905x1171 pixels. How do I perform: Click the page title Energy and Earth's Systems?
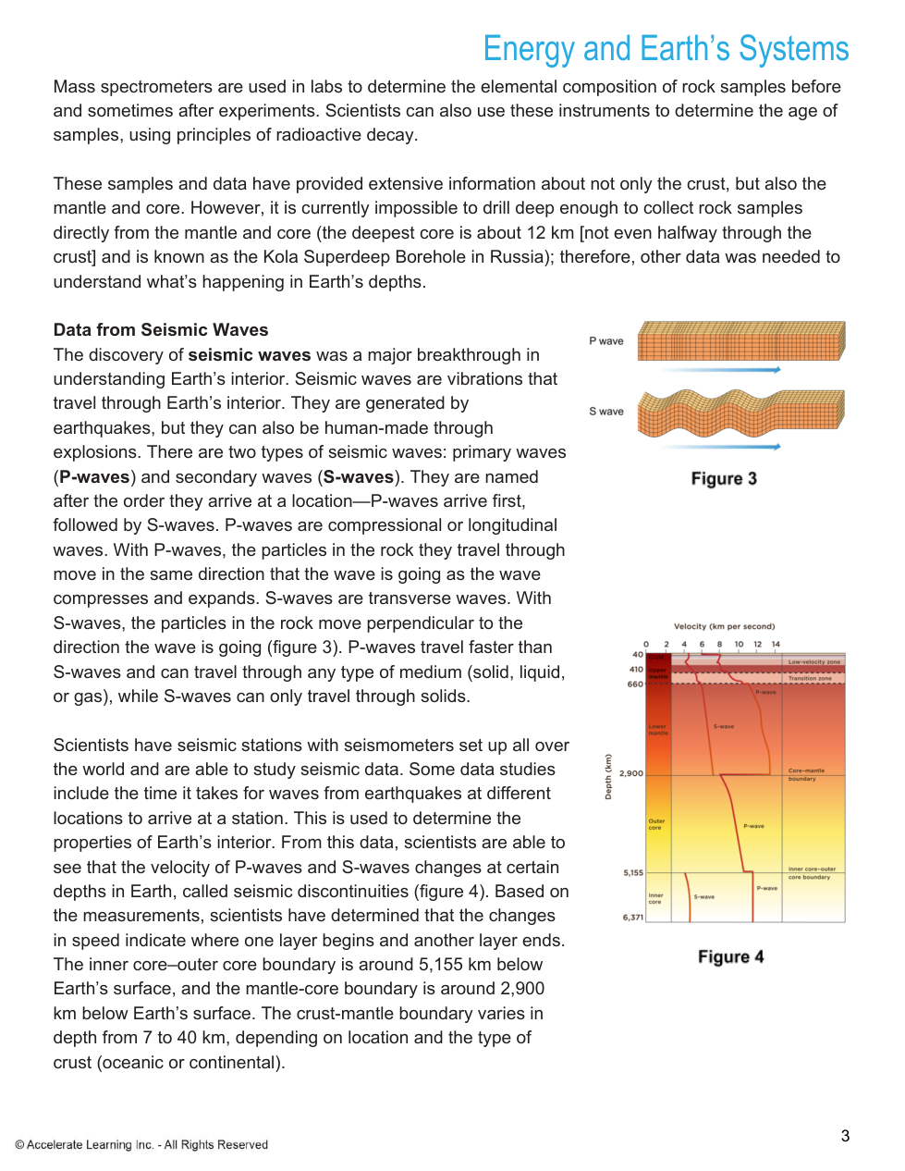[x=666, y=49]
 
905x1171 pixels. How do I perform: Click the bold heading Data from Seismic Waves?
[x=161, y=330]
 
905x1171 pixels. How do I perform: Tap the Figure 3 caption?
[x=724, y=478]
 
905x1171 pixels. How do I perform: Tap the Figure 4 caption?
[x=730, y=956]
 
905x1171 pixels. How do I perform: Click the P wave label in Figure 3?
[x=606, y=341]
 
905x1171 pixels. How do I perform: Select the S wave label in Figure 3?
[x=606, y=412]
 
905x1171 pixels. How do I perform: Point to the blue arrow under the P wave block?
[x=722, y=370]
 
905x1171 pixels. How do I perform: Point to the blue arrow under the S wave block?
[x=722, y=447]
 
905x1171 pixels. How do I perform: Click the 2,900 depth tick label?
[x=631, y=773]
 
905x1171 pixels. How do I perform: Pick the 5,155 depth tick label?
[x=633, y=872]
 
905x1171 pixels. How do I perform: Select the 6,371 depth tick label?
[x=633, y=918]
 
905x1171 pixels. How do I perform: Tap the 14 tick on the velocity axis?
[x=776, y=644]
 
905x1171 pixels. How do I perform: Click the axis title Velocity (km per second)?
[x=724, y=626]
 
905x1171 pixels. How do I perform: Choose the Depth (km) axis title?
[x=608, y=777]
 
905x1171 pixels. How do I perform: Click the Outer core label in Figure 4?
[x=656, y=824]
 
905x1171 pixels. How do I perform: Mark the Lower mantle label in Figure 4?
[x=657, y=730]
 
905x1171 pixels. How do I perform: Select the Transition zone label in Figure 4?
[x=810, y=678]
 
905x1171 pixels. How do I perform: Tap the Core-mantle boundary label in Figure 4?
[x=806, y=774]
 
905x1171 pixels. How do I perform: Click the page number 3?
[x=845, y=1136]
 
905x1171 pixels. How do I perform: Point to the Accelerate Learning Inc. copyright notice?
[x=141, y=1145]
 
